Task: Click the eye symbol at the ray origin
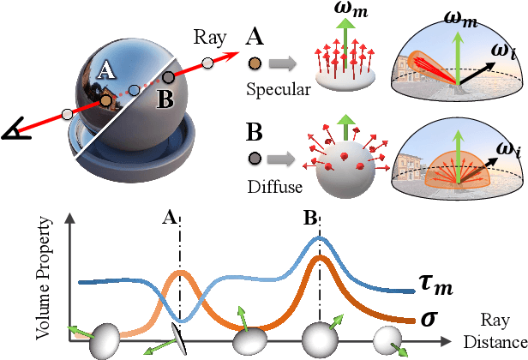(14, 131)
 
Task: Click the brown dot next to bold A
(255, 63)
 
